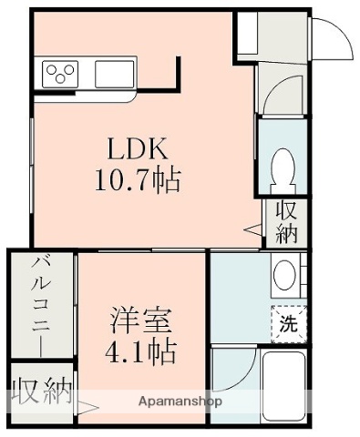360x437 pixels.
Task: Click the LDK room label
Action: [x=139, y=148]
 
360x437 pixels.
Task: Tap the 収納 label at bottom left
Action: [x=42, y=392]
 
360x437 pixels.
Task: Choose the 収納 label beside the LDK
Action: [x=286, y=220]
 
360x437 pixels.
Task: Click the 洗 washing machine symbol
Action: [x=286, y=323]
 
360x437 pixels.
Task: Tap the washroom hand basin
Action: [x=284, y=273]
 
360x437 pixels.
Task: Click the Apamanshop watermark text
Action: [x=180, y=401]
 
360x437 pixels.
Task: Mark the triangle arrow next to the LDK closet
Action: [x=253, y=231]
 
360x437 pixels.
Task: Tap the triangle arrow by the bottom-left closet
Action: [x=88, y=407]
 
